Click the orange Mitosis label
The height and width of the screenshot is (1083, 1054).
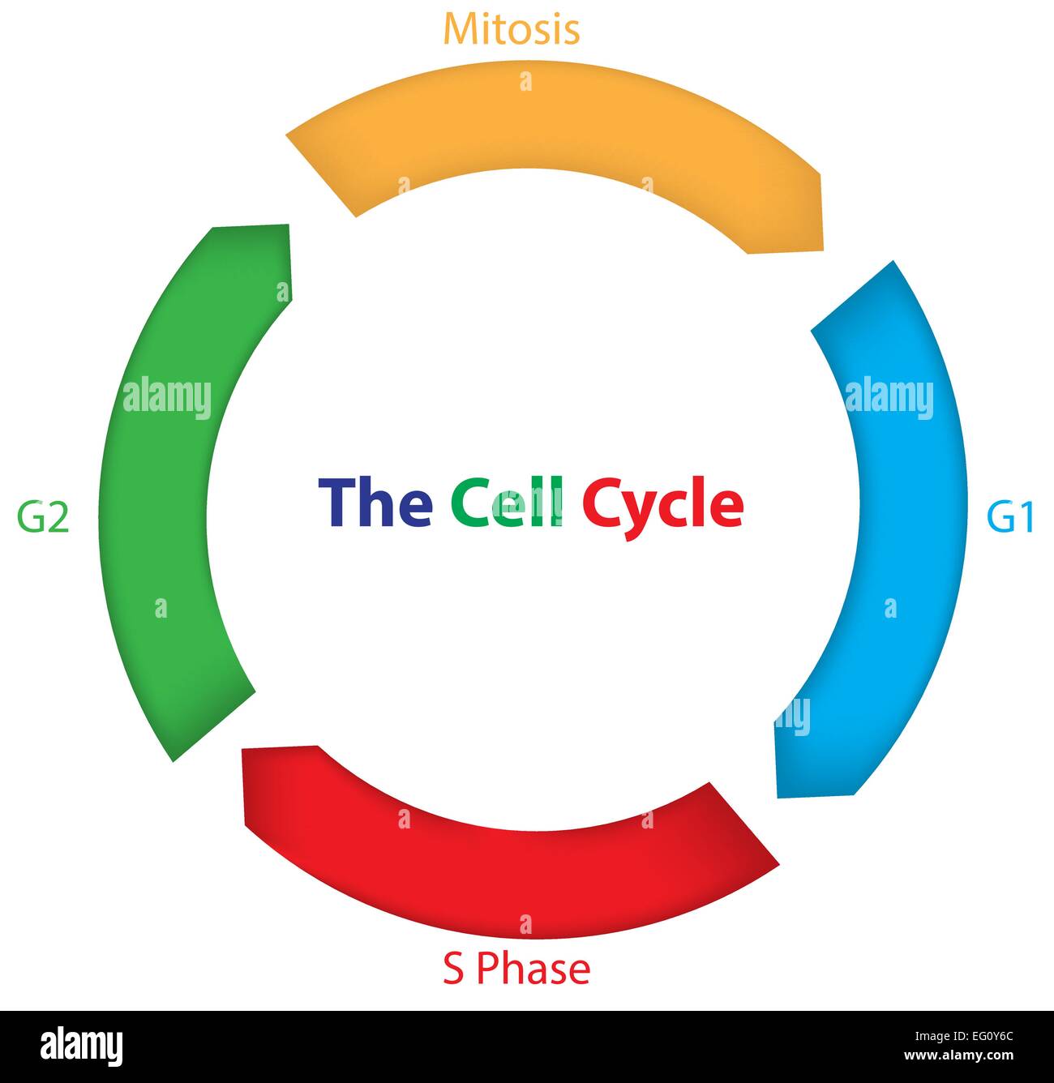512,29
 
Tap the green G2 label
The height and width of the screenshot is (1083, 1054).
43,516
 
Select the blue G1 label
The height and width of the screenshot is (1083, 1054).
1010,516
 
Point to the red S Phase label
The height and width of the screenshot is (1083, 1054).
516,969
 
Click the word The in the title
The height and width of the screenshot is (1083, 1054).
375,502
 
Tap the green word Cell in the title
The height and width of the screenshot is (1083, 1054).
507,502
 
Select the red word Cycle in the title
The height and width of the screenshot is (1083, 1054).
663,507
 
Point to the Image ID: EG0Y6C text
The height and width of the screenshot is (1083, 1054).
964,1036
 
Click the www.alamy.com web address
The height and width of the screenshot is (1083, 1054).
959,1055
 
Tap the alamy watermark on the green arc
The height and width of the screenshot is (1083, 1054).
167,398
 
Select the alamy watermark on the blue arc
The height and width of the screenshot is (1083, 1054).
889,398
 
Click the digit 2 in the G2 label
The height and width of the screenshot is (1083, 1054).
58,516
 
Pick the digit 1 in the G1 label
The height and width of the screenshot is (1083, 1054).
1025,516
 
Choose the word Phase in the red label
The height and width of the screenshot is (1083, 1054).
533,969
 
